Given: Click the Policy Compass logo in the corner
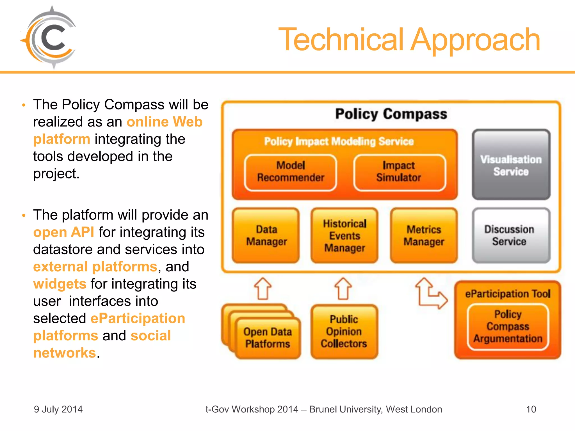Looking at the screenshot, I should tap(49, 38).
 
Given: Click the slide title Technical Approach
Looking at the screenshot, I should tap(409, 40).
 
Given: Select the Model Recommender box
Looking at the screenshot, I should tap(291, 172).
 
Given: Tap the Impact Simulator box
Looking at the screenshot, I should tap(399, 172).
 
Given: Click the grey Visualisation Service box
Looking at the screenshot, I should tap(511, 165).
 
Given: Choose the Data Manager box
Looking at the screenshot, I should tap(266, 235).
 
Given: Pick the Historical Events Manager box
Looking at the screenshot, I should tap(344, 235).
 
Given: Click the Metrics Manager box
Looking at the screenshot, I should tap(424, 235).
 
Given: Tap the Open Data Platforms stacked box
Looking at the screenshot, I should tap(268, 338).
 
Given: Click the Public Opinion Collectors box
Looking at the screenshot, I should tap(344, 332).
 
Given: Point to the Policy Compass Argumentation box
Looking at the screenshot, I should tap(508, 327).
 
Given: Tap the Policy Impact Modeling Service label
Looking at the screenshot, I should tap(339, 141).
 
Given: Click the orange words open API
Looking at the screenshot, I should tap(64, 232).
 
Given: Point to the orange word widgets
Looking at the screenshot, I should tap(60, 284).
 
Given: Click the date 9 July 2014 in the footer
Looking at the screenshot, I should tap(58, 409).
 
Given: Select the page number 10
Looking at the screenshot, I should tap(531, 409).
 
